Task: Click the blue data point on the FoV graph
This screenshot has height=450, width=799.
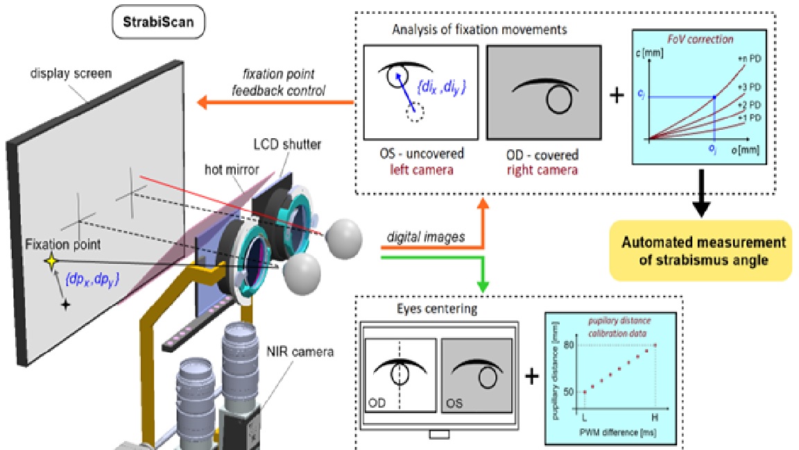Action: (714, 97)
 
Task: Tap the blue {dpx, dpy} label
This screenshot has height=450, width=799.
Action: (92, 279)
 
